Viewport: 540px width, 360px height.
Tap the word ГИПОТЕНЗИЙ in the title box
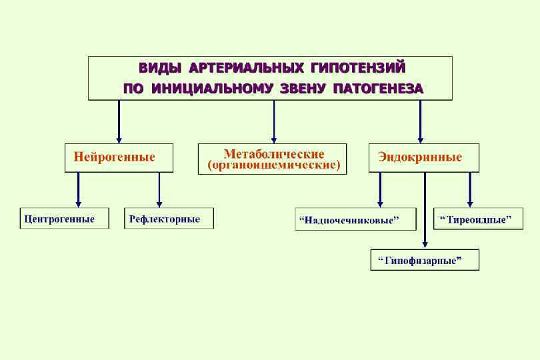click(x=358, y=68)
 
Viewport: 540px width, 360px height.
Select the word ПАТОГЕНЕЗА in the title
click(x=379, y=88)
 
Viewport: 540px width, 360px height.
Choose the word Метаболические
click(x=273, y=154)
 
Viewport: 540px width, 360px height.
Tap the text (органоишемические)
click(x=273, y=165)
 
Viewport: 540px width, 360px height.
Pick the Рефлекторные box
click(x=169, y=219)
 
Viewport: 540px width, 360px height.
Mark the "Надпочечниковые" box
click(x=355, y=219)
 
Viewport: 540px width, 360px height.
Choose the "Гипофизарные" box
click(x=425, y=260)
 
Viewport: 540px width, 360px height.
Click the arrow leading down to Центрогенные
click(x=79, y=189)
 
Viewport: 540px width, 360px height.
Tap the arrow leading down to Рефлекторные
click(x=159, y=189)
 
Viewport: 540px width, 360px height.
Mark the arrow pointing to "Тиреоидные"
click(x=470, y=189)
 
